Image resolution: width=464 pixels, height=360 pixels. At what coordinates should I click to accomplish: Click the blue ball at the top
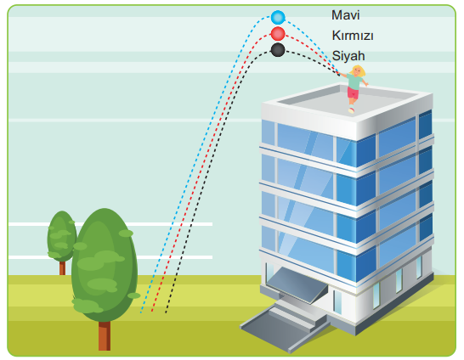(278, 17)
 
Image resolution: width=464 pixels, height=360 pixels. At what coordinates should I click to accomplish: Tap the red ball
(278, 34)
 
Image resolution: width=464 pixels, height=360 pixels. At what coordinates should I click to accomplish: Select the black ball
(278, 50)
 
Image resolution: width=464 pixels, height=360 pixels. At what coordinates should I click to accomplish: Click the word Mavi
(345, 15)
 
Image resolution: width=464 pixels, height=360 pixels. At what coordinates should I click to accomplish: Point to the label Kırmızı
(353, 36)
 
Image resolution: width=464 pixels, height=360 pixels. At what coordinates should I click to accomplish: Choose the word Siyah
(348, 55)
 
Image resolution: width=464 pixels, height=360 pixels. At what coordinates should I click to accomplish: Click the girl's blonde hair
(359, 70)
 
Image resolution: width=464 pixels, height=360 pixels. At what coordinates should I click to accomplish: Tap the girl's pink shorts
(353, 93)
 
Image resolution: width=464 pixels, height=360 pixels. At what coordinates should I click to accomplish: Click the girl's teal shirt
(354, 81)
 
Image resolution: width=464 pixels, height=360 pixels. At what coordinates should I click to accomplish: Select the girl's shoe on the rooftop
(351, 110)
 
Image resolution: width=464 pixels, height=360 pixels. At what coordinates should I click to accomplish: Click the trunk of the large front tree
(105, 336)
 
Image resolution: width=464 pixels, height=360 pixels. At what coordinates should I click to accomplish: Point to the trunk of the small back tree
(62, 268)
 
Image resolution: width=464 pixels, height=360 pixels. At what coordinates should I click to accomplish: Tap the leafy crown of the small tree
(61, 236)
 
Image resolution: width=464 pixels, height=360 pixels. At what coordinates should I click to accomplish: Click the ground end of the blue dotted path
(141, 312)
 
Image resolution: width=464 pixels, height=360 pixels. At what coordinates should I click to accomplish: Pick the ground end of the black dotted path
(166, 312)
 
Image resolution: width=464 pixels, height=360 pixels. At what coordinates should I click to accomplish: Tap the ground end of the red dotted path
(152, 311)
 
